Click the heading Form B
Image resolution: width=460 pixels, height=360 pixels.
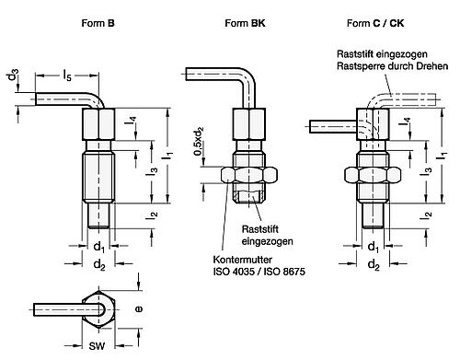click(98, 23)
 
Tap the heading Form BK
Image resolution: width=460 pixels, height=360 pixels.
click(245, 23)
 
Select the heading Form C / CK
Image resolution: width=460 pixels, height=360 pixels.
click(375, 23)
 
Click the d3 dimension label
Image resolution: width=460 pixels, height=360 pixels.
click(13, 75)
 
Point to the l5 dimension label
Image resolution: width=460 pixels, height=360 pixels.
click(67, 75)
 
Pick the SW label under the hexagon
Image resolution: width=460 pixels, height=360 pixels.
click(97, 346)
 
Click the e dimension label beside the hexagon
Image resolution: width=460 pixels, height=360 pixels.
click(139, 309)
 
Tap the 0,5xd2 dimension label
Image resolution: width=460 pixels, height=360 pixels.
click(199, 141)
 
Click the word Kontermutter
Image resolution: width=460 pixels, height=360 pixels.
click(243, 260)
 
